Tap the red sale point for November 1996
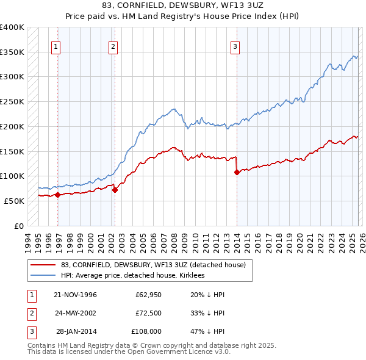(x=58, y=195)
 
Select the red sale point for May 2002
(x=115, y=190)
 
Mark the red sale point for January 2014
(x=236, y=172)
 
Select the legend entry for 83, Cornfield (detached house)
(x=152, y=265)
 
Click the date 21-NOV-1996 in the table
(x=76, y=295)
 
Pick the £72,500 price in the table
(x=148, y=313)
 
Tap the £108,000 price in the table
(x=147, y=331)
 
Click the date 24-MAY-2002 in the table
(x=76, y=313)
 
